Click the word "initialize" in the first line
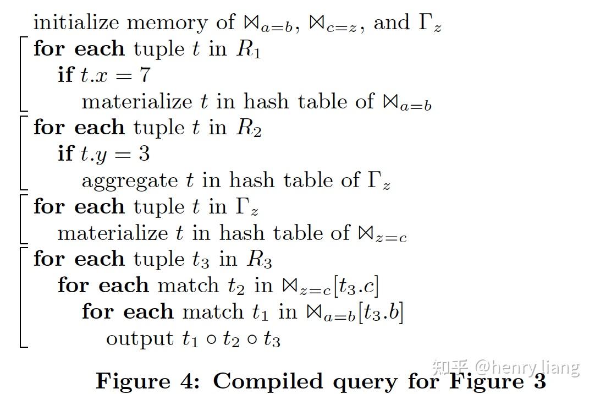tap(76, 23)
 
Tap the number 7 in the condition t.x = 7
tap(145, 75)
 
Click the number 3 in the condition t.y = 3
tap(144, 154)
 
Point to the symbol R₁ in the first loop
tap(249, 50)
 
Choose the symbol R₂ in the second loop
tap(249, 128)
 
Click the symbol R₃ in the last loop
tap(260, 259)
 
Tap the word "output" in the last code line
tap(140, 338)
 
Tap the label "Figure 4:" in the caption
tap(148, 381)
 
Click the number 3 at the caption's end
tap(538, 381)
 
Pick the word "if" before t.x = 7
tap(65, 74)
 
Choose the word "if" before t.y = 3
tap(65, 154)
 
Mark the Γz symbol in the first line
tap(429, 24)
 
